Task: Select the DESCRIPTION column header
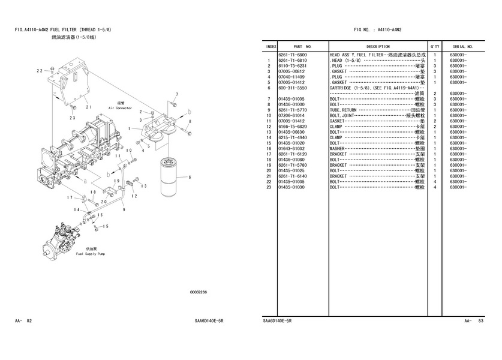coord(378,46)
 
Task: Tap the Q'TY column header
coord(434,46)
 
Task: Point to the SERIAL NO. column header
coord(463,46)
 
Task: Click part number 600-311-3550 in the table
coord(293,88)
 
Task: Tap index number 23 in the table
coord(270,187)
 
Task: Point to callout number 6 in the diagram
coord(190,177)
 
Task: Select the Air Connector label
coord(120,108)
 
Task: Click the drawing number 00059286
coord(198,292)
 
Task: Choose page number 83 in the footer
coord(481,322)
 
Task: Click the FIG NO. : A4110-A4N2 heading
coord(378,29)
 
